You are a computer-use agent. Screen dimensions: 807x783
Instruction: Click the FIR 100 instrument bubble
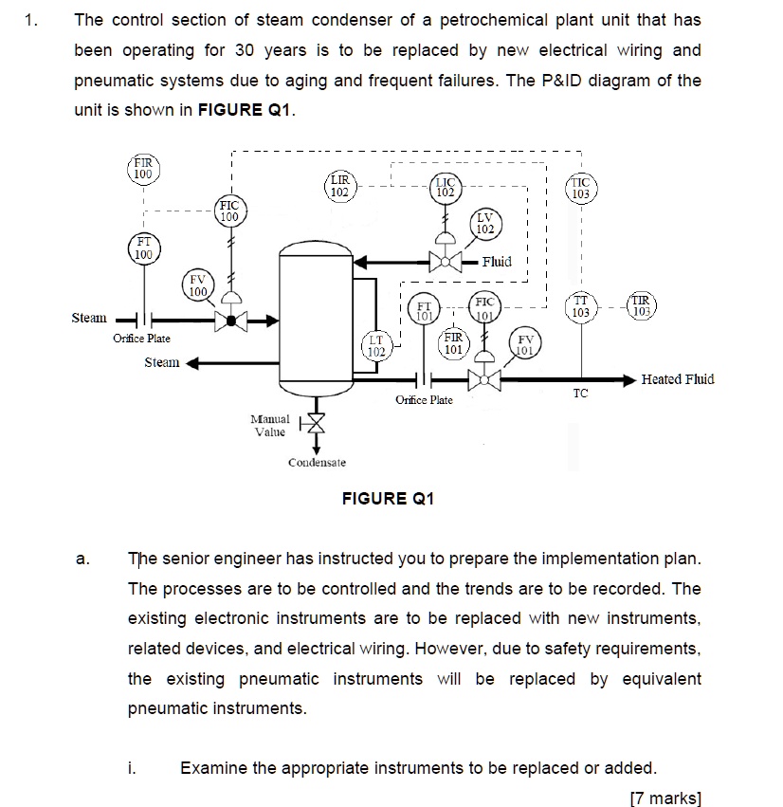click(x=142, y=170)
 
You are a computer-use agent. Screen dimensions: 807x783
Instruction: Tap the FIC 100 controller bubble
click(x=228, y=211)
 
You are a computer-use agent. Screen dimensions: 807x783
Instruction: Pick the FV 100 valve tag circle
click(x=197, y=284)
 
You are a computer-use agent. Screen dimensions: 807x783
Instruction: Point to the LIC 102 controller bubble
click(x=446, y=188)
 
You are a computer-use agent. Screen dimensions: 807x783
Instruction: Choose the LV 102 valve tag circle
click(x=483, y=224)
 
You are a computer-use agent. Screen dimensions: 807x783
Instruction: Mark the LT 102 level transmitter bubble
click(x=376, y=345)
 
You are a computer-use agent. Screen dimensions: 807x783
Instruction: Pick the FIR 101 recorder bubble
click(x=453, y=342)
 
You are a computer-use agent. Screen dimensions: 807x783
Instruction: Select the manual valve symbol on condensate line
click(x=318, y=424)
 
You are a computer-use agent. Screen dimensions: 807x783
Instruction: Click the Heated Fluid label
click(x=678, y=379)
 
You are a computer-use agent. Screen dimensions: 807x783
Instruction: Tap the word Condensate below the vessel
click(x=317, y=463)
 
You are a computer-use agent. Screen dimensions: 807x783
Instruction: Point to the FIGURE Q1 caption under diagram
click(x=388, y=499)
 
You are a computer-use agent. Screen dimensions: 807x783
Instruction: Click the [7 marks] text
click(x=665, y=798)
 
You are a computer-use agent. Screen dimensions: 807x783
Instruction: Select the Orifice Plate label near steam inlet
click(x=141, y=339)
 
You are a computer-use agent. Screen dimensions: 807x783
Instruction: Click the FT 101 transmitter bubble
click(x=426, y=310)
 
